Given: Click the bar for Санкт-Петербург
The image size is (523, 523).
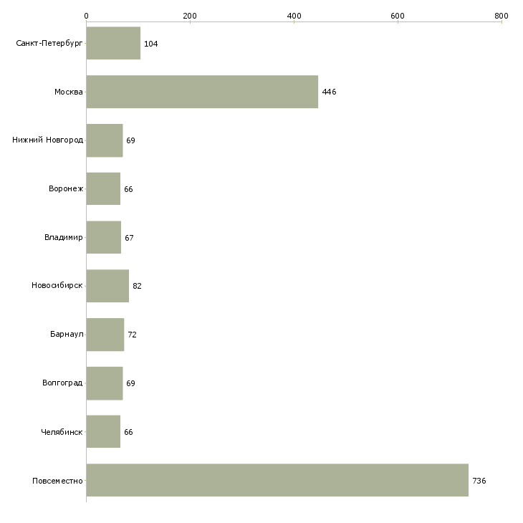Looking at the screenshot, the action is tap(113, 43).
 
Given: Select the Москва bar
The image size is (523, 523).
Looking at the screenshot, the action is tap(202, 92).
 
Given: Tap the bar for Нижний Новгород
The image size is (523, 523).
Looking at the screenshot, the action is tap(105, 140).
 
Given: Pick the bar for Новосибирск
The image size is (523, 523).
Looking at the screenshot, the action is tap(107, 286).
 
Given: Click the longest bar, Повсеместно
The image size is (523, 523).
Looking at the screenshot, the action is tap(277, 480).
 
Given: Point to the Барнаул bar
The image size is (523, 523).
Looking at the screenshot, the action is tap(105, 335).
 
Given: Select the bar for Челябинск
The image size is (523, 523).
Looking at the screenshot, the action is tap(103, 431).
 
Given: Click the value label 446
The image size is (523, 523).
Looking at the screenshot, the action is tap(330, 92).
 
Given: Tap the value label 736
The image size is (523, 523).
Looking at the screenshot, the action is tap(479, 481).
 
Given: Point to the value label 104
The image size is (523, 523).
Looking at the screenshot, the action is tap(151, 44).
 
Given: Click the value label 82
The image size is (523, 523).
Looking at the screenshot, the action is tap(137, 286).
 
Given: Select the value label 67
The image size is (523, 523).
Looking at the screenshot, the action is tap(129, 238).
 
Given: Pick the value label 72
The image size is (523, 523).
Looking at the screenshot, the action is tap(132, 335).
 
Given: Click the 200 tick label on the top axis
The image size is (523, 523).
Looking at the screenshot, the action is tap(190, 16).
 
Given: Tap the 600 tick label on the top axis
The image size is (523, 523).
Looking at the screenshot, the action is tap(398, 16).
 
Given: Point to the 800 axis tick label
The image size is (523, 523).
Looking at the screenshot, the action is tap(502, 16).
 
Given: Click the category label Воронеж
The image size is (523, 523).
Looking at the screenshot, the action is tap(66, 188).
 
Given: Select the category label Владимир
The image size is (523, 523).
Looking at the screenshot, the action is tap(64, 237).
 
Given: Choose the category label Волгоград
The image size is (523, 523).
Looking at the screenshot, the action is tap(62, 383).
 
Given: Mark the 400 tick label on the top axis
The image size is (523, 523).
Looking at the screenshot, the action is tap(294, 16).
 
